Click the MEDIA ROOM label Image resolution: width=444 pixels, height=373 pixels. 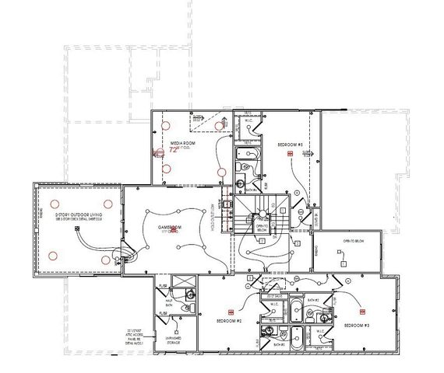click(x=184, y=143)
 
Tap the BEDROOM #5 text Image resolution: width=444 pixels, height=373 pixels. click(x=290, y=144)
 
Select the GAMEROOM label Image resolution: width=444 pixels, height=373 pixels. click(x=170, y=227)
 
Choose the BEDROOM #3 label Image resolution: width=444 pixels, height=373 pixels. click(x=354, y=323)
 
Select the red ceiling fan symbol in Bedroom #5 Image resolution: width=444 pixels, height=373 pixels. click(x=289, y=155)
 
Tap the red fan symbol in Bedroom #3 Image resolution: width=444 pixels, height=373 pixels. click(x=362, y=309)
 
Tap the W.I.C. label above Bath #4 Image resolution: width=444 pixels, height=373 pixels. click(x=248, y=120)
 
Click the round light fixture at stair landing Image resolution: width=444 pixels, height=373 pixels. click(x=300, y=210)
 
